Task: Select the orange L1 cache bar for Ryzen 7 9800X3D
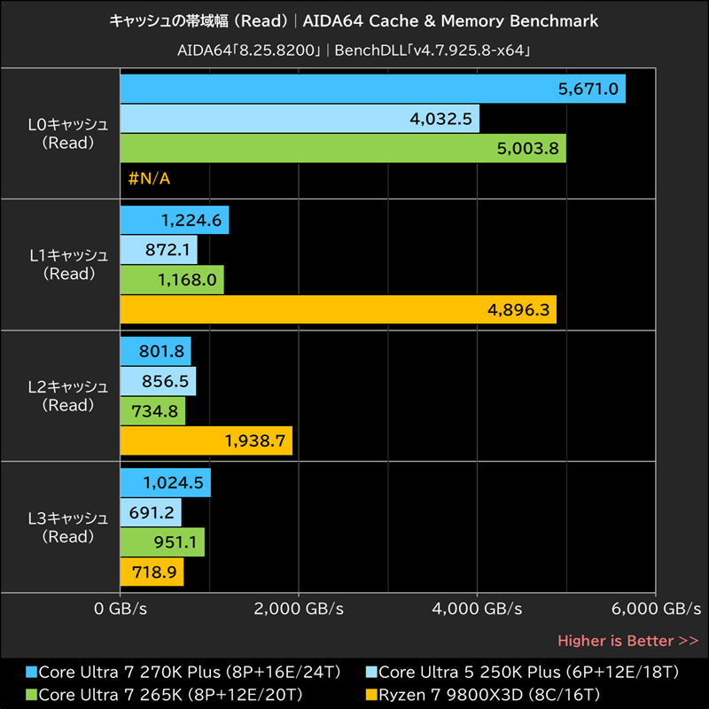coord(337,309)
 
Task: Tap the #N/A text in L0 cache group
coord(149,179)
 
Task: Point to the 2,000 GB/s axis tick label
coord(299,609)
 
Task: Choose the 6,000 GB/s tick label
coord(656,609)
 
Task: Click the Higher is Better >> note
coord(627,641)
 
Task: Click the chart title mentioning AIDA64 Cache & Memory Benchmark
coord(354,20)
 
